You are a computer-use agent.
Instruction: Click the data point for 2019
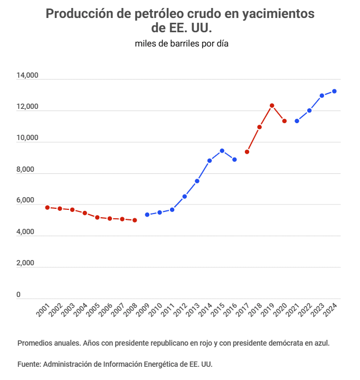pos(272,106)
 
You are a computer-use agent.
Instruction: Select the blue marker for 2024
pos(334,91)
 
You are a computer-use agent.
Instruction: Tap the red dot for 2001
pos(48,208)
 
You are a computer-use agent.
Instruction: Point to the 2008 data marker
pos(135,220)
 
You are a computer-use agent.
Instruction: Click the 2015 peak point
pos(222,151)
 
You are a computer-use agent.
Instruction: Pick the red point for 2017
pos(247,152)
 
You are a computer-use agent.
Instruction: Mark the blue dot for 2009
pos(147,215)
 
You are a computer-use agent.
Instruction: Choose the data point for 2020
pos(285,121)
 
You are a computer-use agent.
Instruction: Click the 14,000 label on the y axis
pos(27,76)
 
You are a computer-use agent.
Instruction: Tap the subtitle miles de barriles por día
pos(181,43)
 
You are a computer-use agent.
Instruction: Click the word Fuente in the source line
pos(29,364)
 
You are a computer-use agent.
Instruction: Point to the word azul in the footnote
pos(321,342)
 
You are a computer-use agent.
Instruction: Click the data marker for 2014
pos(210,161)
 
